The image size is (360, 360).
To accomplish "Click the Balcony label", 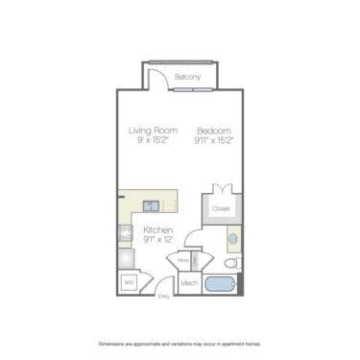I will point(187,76).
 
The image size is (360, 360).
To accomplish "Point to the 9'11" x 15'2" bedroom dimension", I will point(215,140).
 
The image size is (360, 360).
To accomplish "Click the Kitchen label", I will point(158,230).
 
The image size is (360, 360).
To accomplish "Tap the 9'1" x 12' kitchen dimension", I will point(158,242).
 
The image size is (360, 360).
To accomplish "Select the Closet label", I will point(221,207).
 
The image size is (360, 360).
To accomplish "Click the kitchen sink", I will point(152,204).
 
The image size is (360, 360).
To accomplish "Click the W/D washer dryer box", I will point(129,283).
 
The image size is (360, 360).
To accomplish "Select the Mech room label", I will point(189,283).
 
